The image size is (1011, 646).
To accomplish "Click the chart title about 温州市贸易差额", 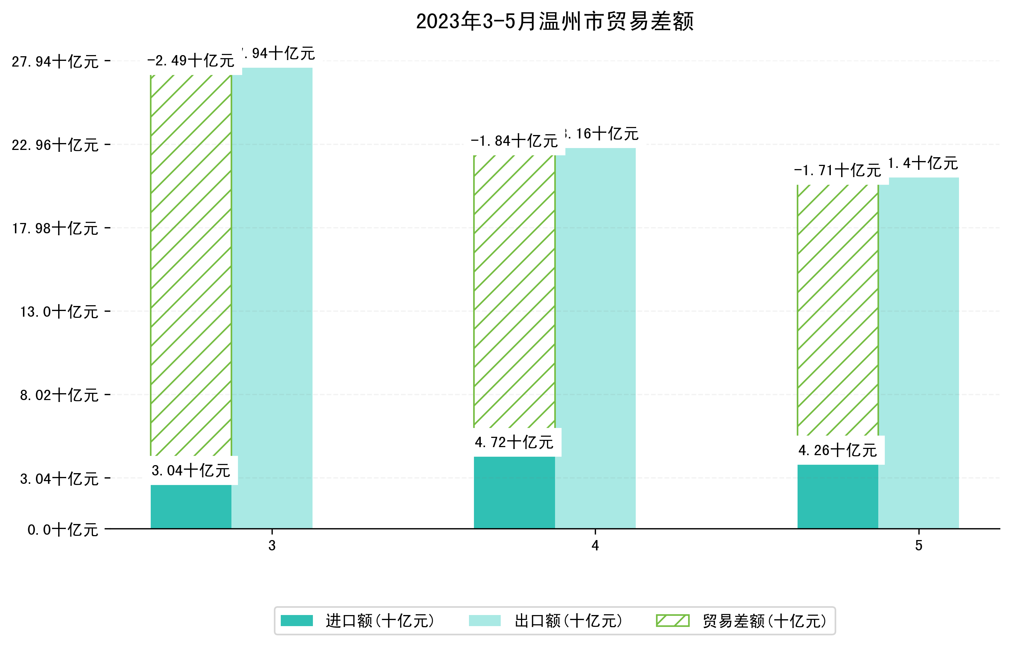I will [554, 21].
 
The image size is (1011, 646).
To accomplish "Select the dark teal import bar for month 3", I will [191, 507].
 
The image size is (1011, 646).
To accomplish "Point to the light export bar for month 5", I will [919, 353].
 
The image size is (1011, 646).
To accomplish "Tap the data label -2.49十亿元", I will [190, 61].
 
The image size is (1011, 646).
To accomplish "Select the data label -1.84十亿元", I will [514, 141].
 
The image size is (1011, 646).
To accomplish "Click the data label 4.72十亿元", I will [514, 442].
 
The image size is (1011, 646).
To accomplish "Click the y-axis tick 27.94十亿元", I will [55, 62].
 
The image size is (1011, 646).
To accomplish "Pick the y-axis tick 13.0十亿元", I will [59, 312].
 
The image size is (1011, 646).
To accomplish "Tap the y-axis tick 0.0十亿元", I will [63, 530].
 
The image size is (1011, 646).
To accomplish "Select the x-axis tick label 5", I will [919, 546].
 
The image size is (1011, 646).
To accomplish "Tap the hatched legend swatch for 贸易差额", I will [672, 620].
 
